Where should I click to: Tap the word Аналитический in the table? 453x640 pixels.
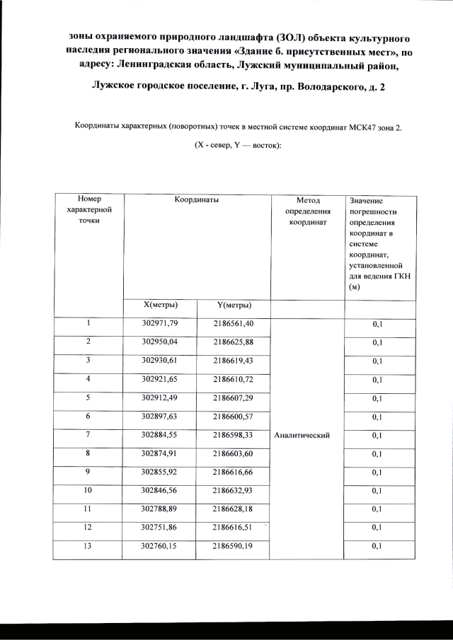[302, 435]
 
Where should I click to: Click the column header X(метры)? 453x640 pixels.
[160, 305]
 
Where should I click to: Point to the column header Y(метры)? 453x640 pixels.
[234, 306]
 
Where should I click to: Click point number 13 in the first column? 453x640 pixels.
[88, 545]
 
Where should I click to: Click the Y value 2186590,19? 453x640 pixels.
[234, 545]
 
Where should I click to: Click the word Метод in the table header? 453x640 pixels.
[308, 200]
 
